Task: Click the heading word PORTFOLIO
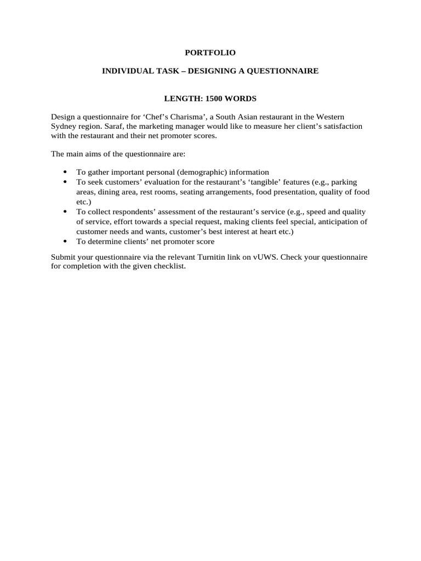(x=210, y=53)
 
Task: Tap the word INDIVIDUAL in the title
(x=124, y=71)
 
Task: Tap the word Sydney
(x=64, y=127)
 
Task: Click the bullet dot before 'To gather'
(x=65, y=172)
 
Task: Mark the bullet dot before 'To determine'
(x=65, y=241)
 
